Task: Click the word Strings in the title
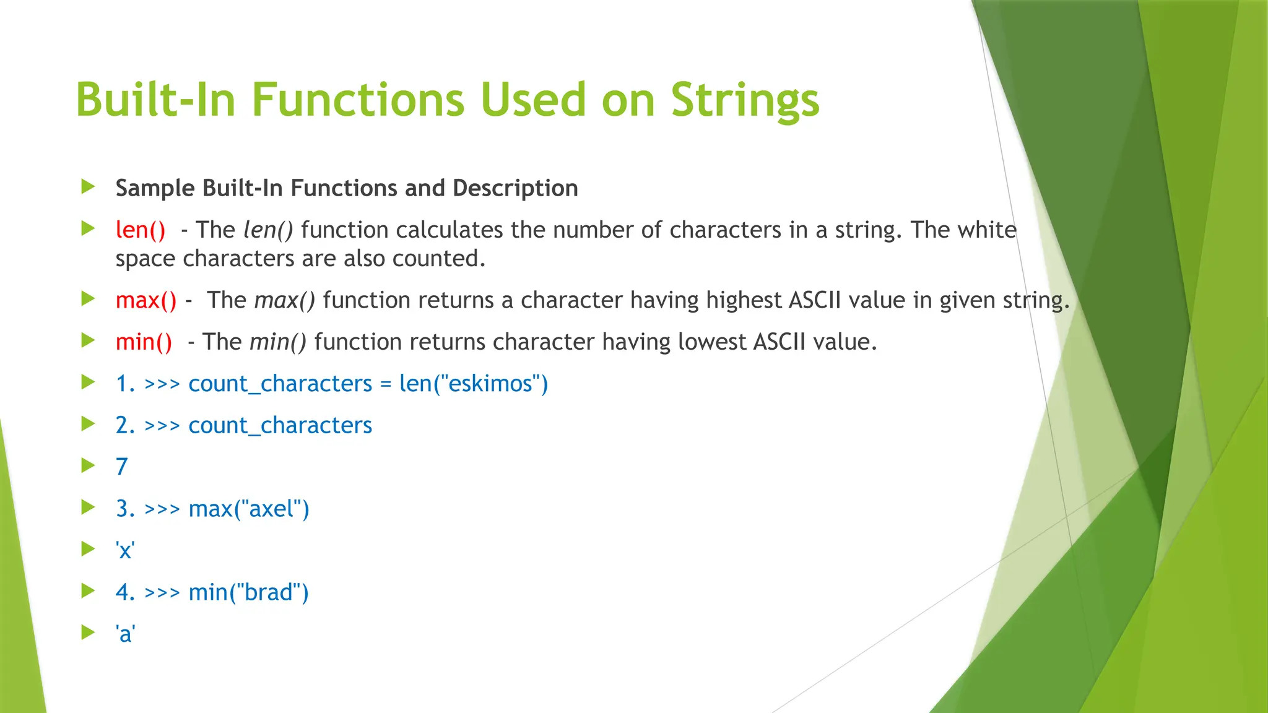pos(745,100)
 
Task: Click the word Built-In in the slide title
pos(155,100)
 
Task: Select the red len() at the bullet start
pos(141,230)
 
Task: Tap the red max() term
pos(146,300)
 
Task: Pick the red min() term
pos(144,342)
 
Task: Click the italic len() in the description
pos(268,230)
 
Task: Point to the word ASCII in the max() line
pos(815,300)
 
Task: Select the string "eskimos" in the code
pos(490,384)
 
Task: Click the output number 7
pos(122,467)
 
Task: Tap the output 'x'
pos(125,550)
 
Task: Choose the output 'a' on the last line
pos(125,634)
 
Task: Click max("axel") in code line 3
pos(248,509)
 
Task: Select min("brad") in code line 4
pos(248,592)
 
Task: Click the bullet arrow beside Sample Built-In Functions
pos(89,186)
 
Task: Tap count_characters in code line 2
pos(280,425)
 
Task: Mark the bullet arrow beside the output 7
pos(89,465)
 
